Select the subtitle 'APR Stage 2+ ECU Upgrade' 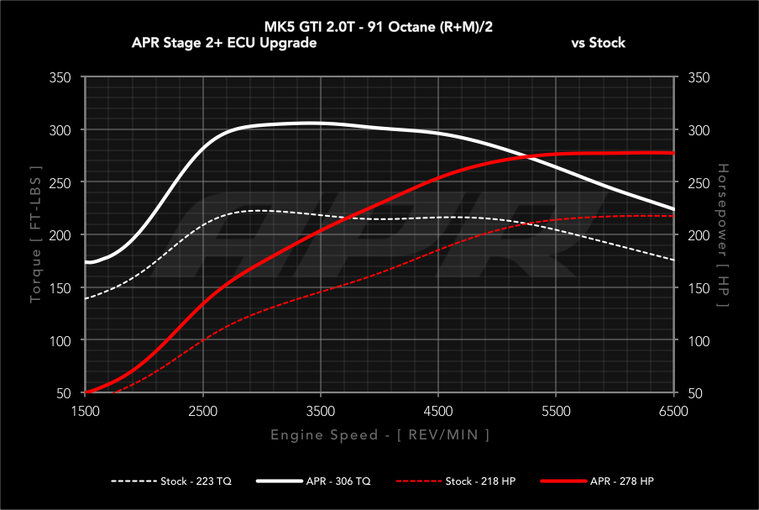click(x=224, y=43)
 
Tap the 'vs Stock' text click(x=598, y=43)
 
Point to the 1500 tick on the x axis click(x=86, y=411)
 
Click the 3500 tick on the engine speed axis click(x=321, y=411)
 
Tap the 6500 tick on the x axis click(x=674, y=411)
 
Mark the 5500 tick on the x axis click(x=557, y=411)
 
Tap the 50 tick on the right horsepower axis click(x=694, y=393)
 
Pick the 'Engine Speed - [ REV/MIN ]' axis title click(x=379, y=434)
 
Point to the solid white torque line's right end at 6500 click(x=674, y=209)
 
